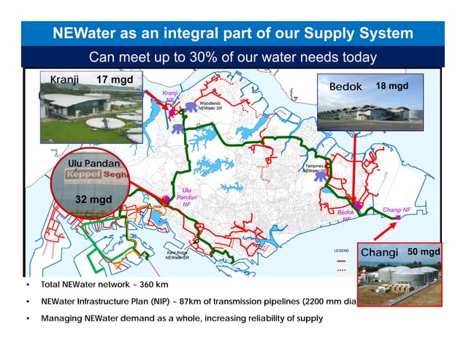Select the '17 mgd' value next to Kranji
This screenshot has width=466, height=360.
point(113,80)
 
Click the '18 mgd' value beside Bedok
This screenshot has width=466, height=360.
point(391,86)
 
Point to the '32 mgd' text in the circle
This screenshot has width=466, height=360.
point(93,199)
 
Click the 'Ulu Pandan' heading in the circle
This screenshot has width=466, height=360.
point(93,163)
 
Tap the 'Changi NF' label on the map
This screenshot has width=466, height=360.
point(397,210)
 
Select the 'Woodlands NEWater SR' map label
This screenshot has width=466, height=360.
point(215,107)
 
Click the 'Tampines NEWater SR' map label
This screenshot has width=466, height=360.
point(319,169)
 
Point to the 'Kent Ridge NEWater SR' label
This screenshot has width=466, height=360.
point(178,255)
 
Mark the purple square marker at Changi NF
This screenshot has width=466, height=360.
point(398,218)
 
